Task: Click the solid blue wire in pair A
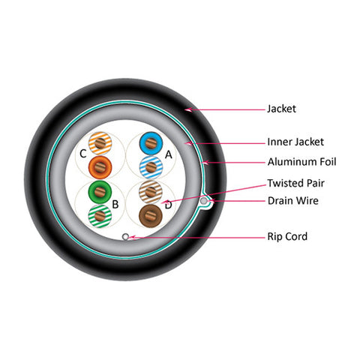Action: pyautogui.click(x=151, y=143)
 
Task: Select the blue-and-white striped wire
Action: pyautogui.click(x=151, y=167)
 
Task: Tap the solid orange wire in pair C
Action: pyautogui.click(x=100, y=166)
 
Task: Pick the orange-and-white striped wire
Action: pyautogui.click(x=100, y=143)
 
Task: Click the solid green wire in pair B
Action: pyautogui.click(x=100, y=192)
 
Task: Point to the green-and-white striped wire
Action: pyautogui.click(x=100, y=216)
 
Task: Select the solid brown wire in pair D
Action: pyautogui.click(x=151, y=215)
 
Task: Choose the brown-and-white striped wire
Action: pyautogui.click(x=151, y=192)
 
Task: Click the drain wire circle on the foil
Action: pyautogui.click(x=204, y=201)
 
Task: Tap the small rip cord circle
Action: pyautogui.click(x=125, y=236)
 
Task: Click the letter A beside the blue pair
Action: pyautogui.click(x=169, y=155)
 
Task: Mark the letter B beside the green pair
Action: pyautogui.click(x=115, y=205)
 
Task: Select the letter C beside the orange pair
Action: pyautogui.click(x=83, y=154)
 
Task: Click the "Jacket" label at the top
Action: pyautogui.click(x=281, y=109)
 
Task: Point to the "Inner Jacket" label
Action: pyautogui.click(x=295, y=142)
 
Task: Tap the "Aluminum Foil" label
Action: pyautogui.click(x=301, y=162)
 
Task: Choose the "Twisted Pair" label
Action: pyautogui.click(x=295, y=183)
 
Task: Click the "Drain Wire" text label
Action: pyautogui.click(x=293, y=200)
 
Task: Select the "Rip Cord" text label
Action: pyautogui.click(x=287, y=236)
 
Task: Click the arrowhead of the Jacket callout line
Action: pyautogui.click(x=188, y=109)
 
